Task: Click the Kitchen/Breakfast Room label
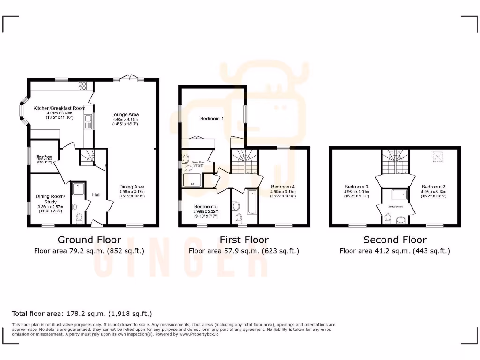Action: click(59, 108)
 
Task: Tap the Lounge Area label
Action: click(125, 114)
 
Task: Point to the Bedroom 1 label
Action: click(212, 119)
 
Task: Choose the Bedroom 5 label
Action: click(206, 207)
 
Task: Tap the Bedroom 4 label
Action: click(283, 187)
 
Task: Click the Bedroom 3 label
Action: click(356, 187)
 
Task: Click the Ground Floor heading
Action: click(89, 240)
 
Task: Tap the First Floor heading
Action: click(244, 240)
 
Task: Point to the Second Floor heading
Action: click(395, 240)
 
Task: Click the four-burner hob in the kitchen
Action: click(82, 85)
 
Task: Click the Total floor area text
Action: click(82, 314)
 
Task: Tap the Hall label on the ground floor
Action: click(97, 195)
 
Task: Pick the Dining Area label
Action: click(132, 187)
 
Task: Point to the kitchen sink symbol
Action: click(87, 123)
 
